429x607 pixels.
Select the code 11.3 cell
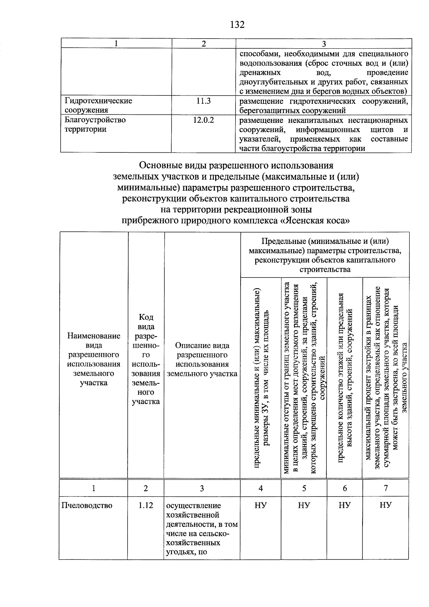click(203, 101)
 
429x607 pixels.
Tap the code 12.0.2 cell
click(203, 120)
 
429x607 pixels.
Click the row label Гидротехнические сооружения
click(98, 106)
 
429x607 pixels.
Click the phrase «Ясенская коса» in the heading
click(314, 221)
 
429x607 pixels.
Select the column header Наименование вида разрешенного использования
click(94, 359)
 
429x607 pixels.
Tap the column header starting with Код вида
click(146, 359)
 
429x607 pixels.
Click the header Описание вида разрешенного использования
click(202, 359)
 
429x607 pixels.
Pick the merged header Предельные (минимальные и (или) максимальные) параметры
click(325, 255)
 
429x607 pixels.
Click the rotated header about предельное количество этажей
click(345, 377)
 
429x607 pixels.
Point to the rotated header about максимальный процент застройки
click(386, 377)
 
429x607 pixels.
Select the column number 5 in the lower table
click(304, 488)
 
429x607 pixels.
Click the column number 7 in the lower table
click(386, 488)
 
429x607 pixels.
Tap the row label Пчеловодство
click(87, 505)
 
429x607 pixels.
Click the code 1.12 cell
click(146, 505)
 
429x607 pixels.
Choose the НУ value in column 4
click(261, 505)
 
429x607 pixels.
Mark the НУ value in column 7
click(386, 505)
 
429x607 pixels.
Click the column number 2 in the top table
click(203, 44)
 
